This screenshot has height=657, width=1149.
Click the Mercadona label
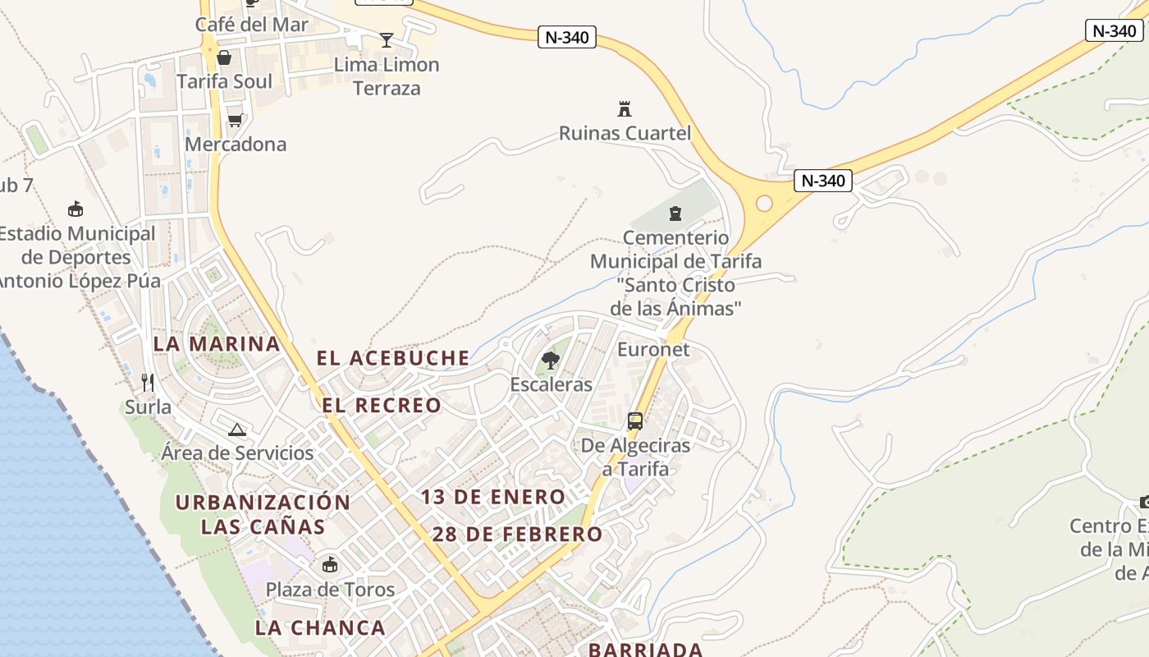tap(236, 145)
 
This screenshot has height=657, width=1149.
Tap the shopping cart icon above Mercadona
tap(236, 121)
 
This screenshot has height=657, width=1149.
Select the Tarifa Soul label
tap(224, 81)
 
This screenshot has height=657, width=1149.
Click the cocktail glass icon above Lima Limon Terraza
tap(387, 39)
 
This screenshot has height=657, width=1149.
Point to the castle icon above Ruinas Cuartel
tap(625, 108)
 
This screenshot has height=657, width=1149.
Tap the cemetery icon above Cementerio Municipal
tap(675, 214)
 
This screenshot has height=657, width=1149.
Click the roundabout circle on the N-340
tap(764, 203)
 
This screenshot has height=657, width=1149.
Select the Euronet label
tap(653, 349)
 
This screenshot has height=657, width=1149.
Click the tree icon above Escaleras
tap(551, 360)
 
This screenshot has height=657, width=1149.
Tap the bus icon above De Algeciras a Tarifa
tap(635, 421)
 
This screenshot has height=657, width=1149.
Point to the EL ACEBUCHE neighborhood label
tap(393, 358)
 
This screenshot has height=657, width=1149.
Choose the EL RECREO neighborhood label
tap(382, 405)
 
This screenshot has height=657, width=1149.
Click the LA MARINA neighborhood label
tap(217, 343)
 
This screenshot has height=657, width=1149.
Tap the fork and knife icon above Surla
tap(148, 383)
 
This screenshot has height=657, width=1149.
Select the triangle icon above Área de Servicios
tap(237, 429)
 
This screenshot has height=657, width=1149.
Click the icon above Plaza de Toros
tap(330, 565)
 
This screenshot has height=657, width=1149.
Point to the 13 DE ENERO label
tap(493, 497)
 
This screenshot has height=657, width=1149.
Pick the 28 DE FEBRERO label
tap(517, 534)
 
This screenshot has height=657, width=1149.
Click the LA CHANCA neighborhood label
tap(320, 627)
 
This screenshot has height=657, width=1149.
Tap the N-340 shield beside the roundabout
tap(823, 181)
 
